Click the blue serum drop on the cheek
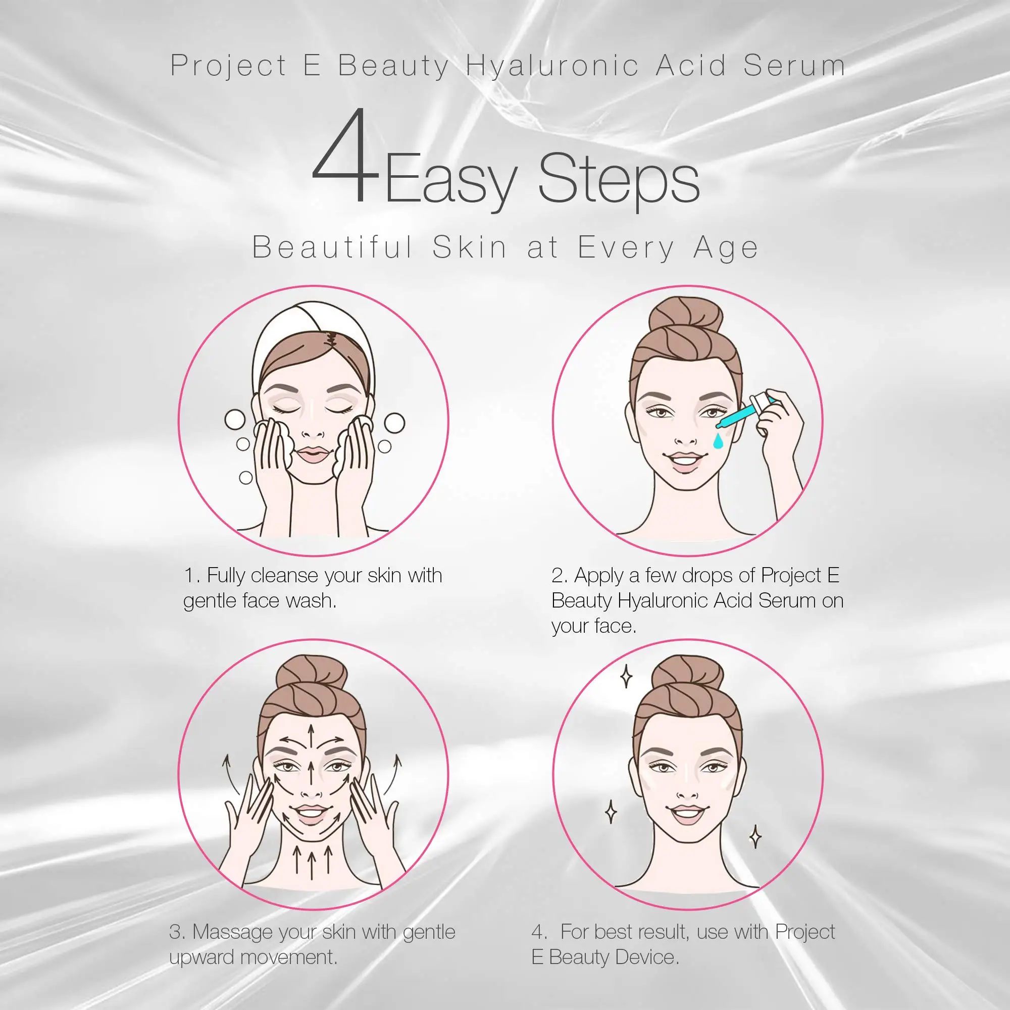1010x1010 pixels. (x=718, y=440)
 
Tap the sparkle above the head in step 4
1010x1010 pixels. (x=626, y=678)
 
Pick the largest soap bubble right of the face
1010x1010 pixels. (x=394, y=424)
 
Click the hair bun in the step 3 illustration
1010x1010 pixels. (x=312, y=675)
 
